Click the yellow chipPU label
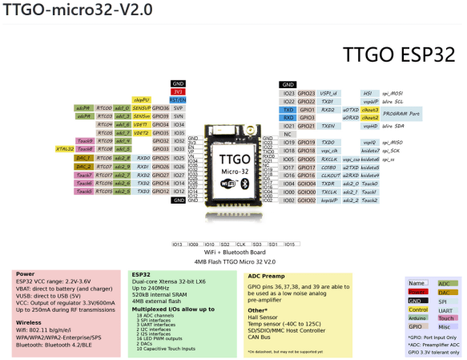point(141,99)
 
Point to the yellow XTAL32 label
point(65,148)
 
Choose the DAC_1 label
point(83,158)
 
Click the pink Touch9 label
point(83,141)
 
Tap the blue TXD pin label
point(288,109)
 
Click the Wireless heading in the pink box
point(30,303)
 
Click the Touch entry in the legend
point(444,318)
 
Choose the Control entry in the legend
point(417,309)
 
